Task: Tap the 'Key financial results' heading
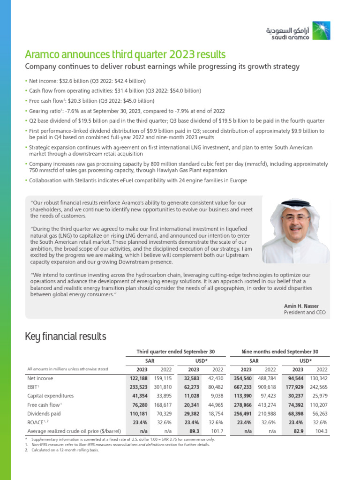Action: (x=65, y=336)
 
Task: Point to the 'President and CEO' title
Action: (x=305, y=312)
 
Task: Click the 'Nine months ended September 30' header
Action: (x=279, y=351)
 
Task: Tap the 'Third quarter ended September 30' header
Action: (x=175, y=351)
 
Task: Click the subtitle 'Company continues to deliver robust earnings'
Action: (x=162, y=67)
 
